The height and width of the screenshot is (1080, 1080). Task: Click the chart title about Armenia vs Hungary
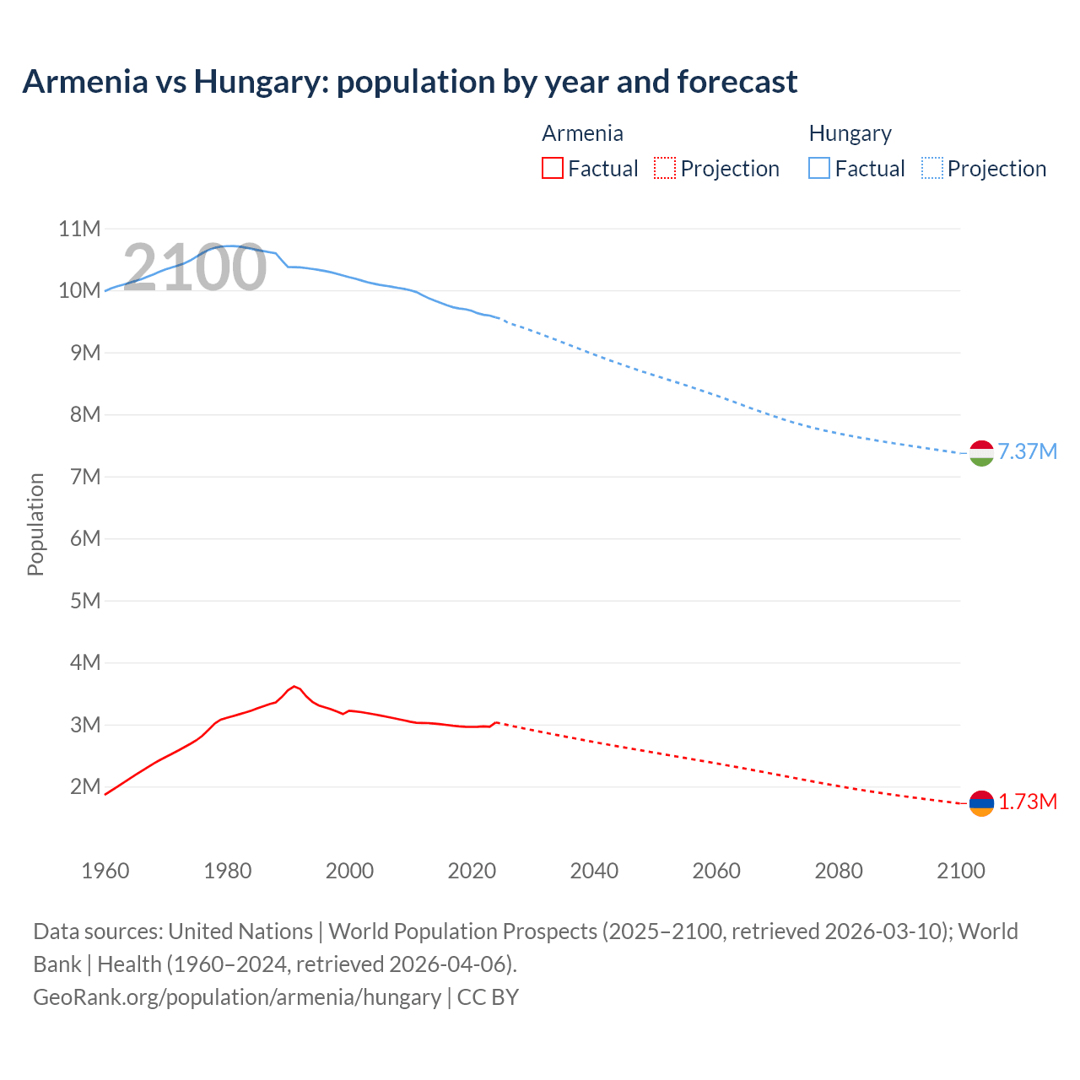410,82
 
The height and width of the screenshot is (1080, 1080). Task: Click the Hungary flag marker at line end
981,453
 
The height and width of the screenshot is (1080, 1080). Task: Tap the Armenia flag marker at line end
981,803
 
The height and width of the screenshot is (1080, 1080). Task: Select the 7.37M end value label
1027,452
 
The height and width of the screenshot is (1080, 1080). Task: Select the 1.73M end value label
1027,802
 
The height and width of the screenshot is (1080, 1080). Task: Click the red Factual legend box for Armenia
553,169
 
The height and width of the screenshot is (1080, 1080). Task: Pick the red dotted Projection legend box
665,169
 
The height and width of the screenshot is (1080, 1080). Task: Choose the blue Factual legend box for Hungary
819,169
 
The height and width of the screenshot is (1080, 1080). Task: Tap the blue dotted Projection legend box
931,169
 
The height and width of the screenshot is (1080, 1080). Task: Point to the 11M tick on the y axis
79,229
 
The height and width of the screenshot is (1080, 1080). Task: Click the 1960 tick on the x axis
105,871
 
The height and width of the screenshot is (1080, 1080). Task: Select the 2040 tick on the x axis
594,871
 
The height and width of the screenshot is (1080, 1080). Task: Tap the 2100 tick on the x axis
960,871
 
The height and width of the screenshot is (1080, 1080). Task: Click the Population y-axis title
35,524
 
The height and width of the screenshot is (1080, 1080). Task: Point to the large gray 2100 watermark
195,267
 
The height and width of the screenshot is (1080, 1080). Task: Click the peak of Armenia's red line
294,687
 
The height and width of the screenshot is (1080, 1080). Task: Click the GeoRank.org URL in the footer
237,997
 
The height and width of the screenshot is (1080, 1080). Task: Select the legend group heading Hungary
850,134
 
